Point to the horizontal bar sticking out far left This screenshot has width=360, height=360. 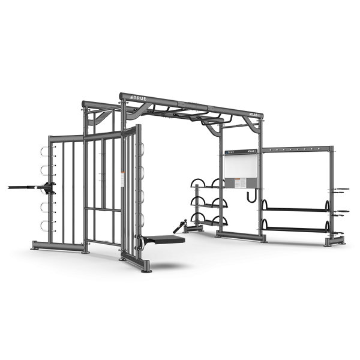[x=24, y=187]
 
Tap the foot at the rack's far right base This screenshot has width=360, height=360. [x=334, y=242]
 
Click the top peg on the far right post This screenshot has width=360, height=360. [x=341, y=190]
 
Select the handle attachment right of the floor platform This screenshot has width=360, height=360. [x=178, y=226]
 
